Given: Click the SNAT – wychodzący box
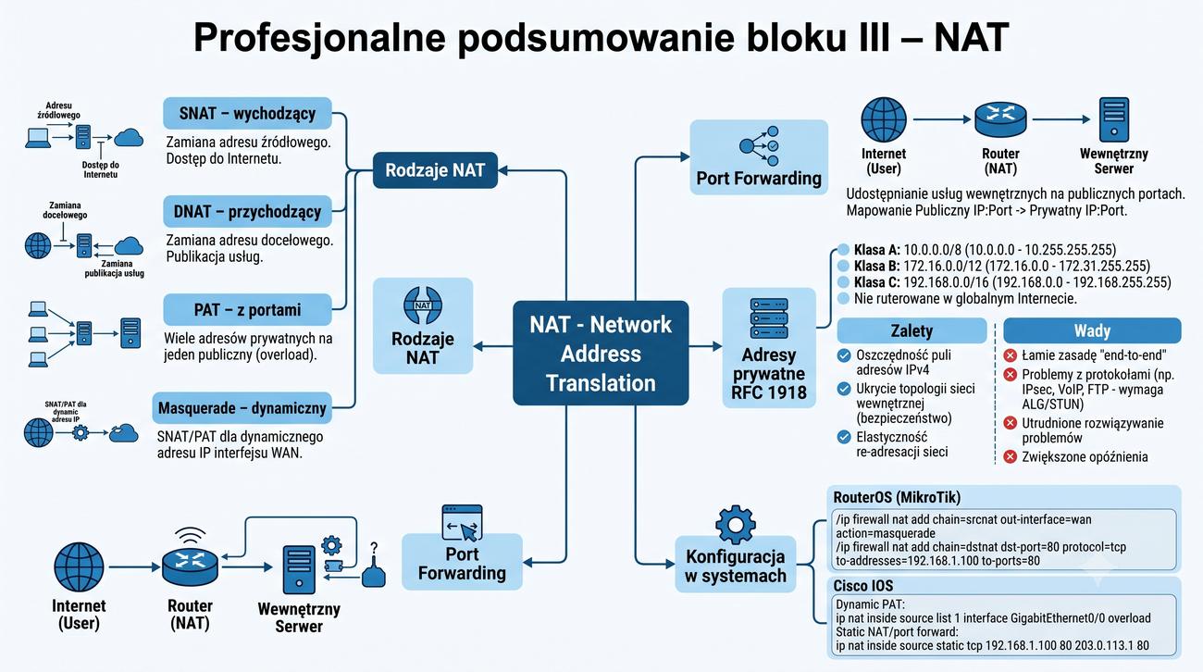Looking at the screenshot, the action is pos(248,113).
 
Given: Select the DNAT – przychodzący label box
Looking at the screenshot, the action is pos(248,212).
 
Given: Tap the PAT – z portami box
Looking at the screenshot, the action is pos(248,309).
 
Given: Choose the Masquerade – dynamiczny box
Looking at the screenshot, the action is pos(242,407).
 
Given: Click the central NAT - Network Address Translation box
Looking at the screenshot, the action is pos(601,353).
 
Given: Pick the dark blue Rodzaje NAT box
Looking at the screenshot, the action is pos(435,170).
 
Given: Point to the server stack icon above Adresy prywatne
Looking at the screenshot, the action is pos(768,318).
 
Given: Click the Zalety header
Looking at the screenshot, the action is pos(912,330).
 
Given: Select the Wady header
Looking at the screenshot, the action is pos(1092,330).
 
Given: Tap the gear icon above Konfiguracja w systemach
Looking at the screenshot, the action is pos(736,525).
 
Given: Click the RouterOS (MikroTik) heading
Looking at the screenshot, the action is pos(897,497).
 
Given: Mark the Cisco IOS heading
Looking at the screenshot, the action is pos(863,585).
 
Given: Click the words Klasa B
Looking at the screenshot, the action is pos(877,266).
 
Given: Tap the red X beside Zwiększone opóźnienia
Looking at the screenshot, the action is pos(1011,456).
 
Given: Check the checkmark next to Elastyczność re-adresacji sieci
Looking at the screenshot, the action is pos(844,437).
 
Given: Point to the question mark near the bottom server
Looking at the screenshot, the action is pos(374,547).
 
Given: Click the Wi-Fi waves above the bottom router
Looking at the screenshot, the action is pos(191,535).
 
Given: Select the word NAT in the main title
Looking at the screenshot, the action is pos(971,37).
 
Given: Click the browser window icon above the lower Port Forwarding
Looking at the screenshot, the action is pos(462,523).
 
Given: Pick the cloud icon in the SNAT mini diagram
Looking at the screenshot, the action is pos(129,137).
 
